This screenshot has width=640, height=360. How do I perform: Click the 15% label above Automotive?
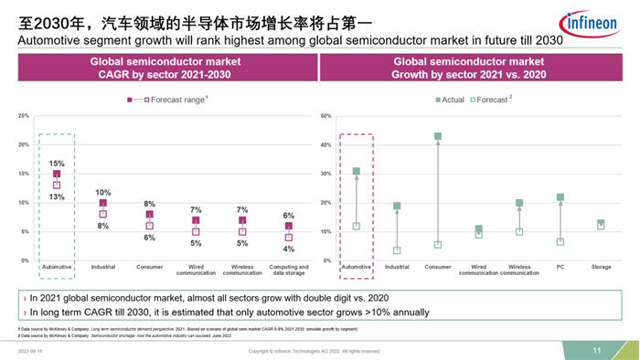pyautogui.click(x=56, y=164)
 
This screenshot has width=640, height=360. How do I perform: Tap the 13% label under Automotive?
pyautogui.click(x=56, y=196)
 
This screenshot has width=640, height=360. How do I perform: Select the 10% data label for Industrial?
pyautogui.click(x=103, y=193)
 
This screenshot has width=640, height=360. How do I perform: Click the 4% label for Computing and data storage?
pyautogui.click(x=288, y=249)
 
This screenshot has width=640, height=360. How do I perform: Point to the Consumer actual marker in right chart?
pyautogui.click(x=438, y=136)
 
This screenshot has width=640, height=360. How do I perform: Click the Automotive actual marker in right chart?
pyautogui.click(x=356, y=171)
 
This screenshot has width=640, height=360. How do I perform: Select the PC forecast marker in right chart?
pyautogui.click(x=560, y=242)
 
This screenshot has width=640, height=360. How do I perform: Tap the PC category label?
pyautogui.click(x=560, y=267)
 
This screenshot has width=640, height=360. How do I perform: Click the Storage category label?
pyautogui.click(x=601, y=267)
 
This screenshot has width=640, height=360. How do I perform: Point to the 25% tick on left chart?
pyautogui.click(x=24, y=116)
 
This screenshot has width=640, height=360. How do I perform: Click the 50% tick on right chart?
pyautogui.click(x=325, y=116)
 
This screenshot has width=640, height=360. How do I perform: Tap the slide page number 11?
pyautogui.click(x=597, y=351)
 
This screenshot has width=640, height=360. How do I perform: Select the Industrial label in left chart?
pyautogui.click(x=103, y=267)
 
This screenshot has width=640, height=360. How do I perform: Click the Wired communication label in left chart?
pyautogui.click(x=196, y=270)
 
